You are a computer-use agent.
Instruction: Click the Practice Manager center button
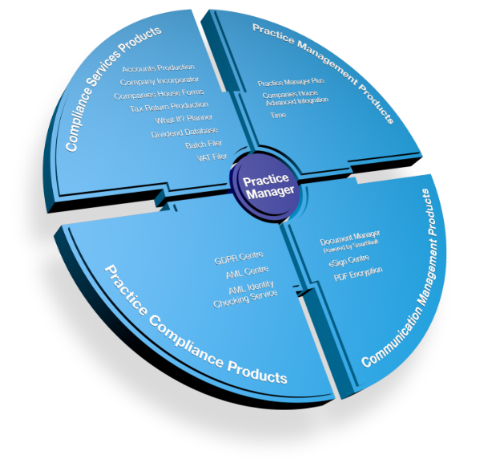[269, 185]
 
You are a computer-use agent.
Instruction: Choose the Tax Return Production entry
[169, 106]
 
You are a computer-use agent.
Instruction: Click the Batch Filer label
[204, 144]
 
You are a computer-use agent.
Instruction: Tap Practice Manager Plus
[288, 83]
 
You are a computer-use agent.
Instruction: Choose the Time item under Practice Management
[278, 116]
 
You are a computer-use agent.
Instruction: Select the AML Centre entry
[248, 274]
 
